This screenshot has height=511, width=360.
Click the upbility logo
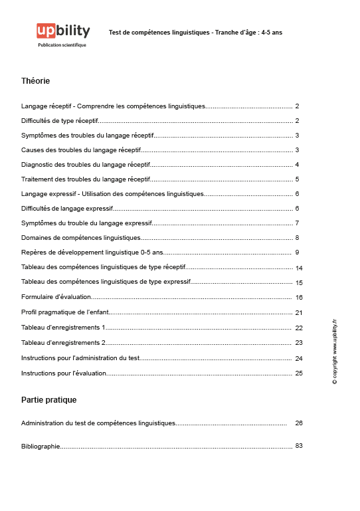point(62,31)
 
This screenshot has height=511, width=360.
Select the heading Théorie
point(35,81)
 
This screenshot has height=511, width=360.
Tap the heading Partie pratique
point(48,400)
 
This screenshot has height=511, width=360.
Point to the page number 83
point(299,445)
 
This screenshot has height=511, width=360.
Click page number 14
point(299,268)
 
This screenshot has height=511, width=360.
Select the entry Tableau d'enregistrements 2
point(64,343)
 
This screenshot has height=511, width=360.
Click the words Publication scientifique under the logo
point(62,45)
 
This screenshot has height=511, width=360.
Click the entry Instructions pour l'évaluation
point(64,373)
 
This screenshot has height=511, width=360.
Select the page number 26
point(299,423)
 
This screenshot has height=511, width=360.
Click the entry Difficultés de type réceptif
point(60,121)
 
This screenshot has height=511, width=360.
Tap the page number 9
point(298,253)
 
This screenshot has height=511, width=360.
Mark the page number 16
point(299,297)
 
